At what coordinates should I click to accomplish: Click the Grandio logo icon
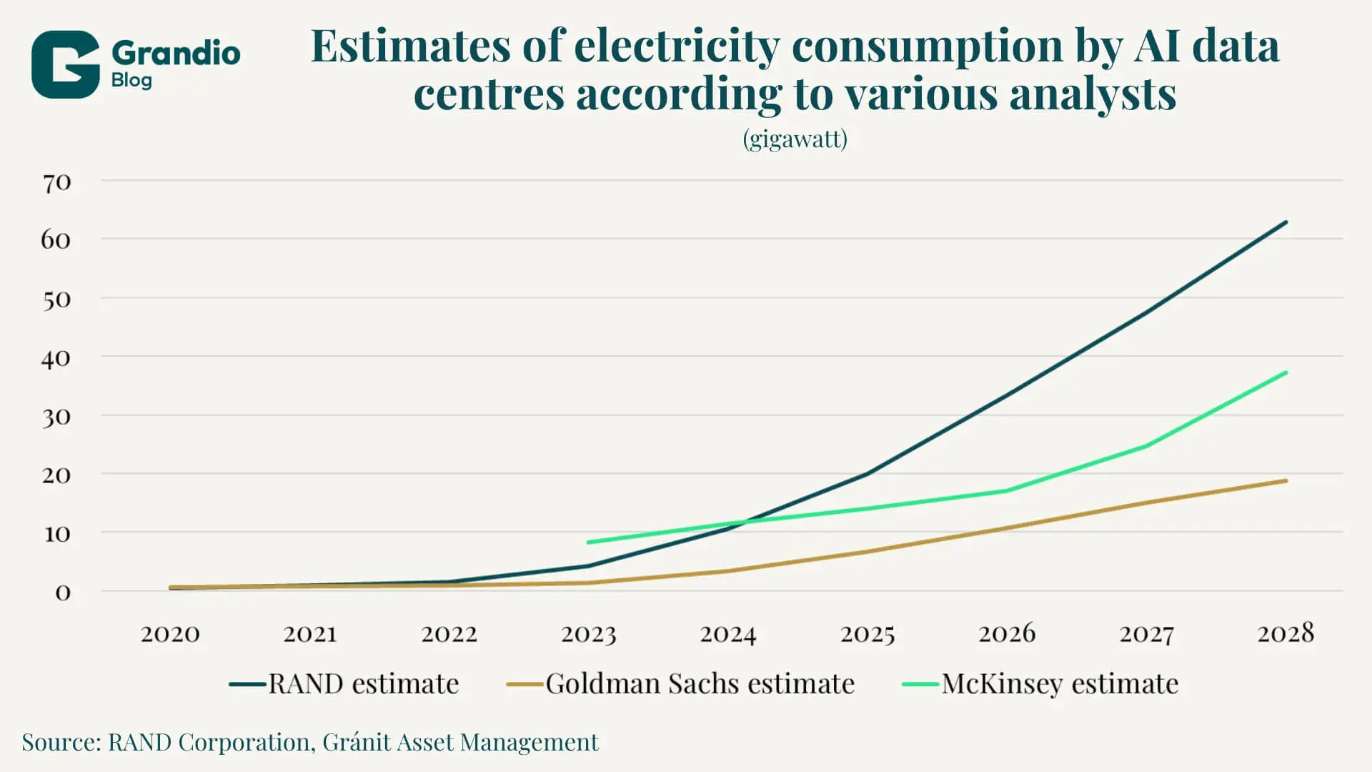(65, 64)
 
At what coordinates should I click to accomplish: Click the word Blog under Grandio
(131, 80)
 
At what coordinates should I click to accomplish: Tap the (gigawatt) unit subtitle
(795, 138)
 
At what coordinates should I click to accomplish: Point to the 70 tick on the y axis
(56, 183)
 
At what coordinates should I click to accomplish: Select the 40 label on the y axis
(56, 358)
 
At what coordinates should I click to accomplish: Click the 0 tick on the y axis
(63, 593)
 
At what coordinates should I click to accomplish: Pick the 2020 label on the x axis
(170, 634)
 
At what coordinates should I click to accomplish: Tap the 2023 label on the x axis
(588, 634)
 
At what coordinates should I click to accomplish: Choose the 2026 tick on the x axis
(1006, 634)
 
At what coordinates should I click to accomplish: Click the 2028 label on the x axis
(1286, 634)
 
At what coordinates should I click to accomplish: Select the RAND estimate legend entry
(344, 684)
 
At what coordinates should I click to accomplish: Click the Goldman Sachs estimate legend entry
(681, 684)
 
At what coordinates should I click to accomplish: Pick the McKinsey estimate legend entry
(1040, 684)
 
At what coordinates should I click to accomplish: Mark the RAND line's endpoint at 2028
(1286, 222)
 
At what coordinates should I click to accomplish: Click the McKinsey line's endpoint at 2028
(1286, 372)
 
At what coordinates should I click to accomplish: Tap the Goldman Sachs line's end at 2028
(1286, 481)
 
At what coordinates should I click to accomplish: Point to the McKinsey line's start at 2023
(588, 543)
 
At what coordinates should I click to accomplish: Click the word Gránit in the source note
(356, 743)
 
